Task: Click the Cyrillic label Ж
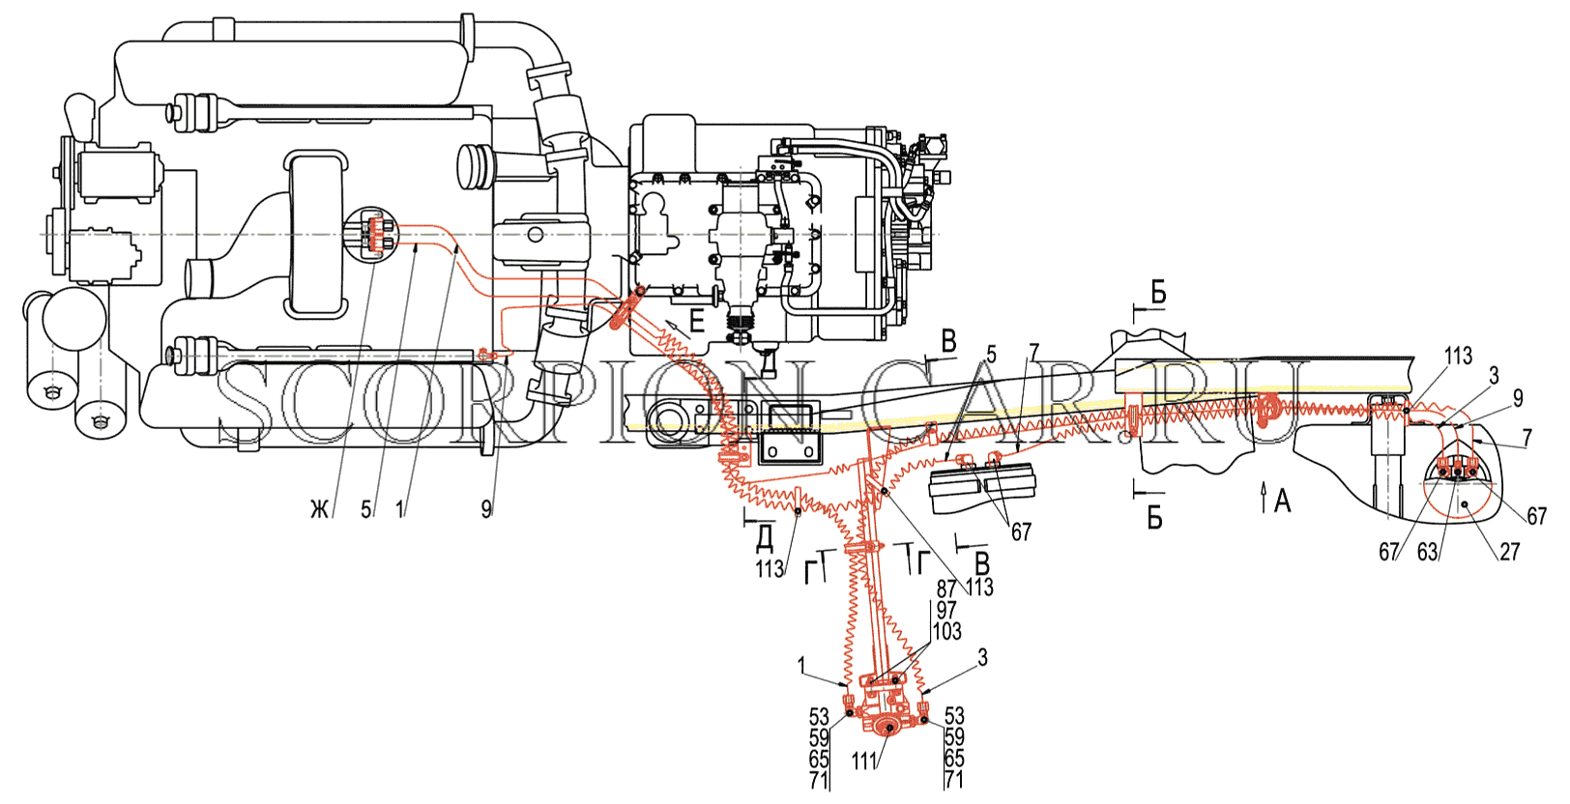coord(320,511)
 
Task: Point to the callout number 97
coord(946,610)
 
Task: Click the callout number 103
coord(946,632)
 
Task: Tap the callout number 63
coord(1427,553)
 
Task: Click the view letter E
coord(696,322)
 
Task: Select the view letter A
coord(1282,502)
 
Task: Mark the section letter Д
coord(765,538)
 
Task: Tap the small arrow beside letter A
coord(1264,498)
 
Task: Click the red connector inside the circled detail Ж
coord(379,235)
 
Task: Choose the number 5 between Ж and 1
coord(365,510)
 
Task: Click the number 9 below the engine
coord(486,510)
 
